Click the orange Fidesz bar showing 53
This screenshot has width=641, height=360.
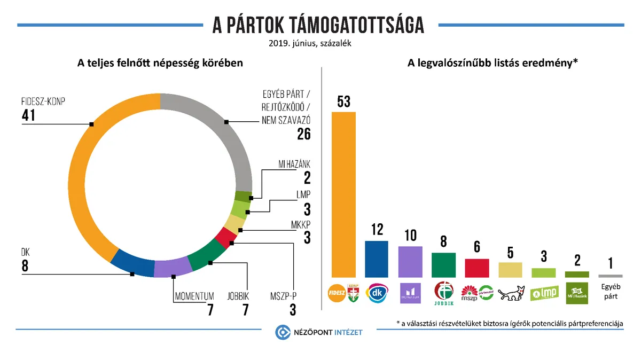tap(343, 194)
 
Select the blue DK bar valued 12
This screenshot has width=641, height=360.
tap(377, 259)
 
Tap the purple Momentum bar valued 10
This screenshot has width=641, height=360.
tap(410, 262)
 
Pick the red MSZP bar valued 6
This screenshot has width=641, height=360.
tap(477, 268)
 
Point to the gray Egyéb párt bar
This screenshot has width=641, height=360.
tap(610, 276)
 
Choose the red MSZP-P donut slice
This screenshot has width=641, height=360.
tap(225, 236)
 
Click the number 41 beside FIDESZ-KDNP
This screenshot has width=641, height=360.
tap(28, 115)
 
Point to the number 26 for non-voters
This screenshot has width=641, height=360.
tap(303, 134)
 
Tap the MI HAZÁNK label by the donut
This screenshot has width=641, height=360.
tap(294, 164)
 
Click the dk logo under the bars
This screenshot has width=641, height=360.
tap(377, 293)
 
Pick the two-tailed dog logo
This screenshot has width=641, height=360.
tap(510, 293)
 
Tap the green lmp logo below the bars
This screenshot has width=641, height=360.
tap(544, 293)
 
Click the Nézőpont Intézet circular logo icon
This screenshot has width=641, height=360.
tap(282, 332)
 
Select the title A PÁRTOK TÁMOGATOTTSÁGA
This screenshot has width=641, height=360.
tap(318, 25)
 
